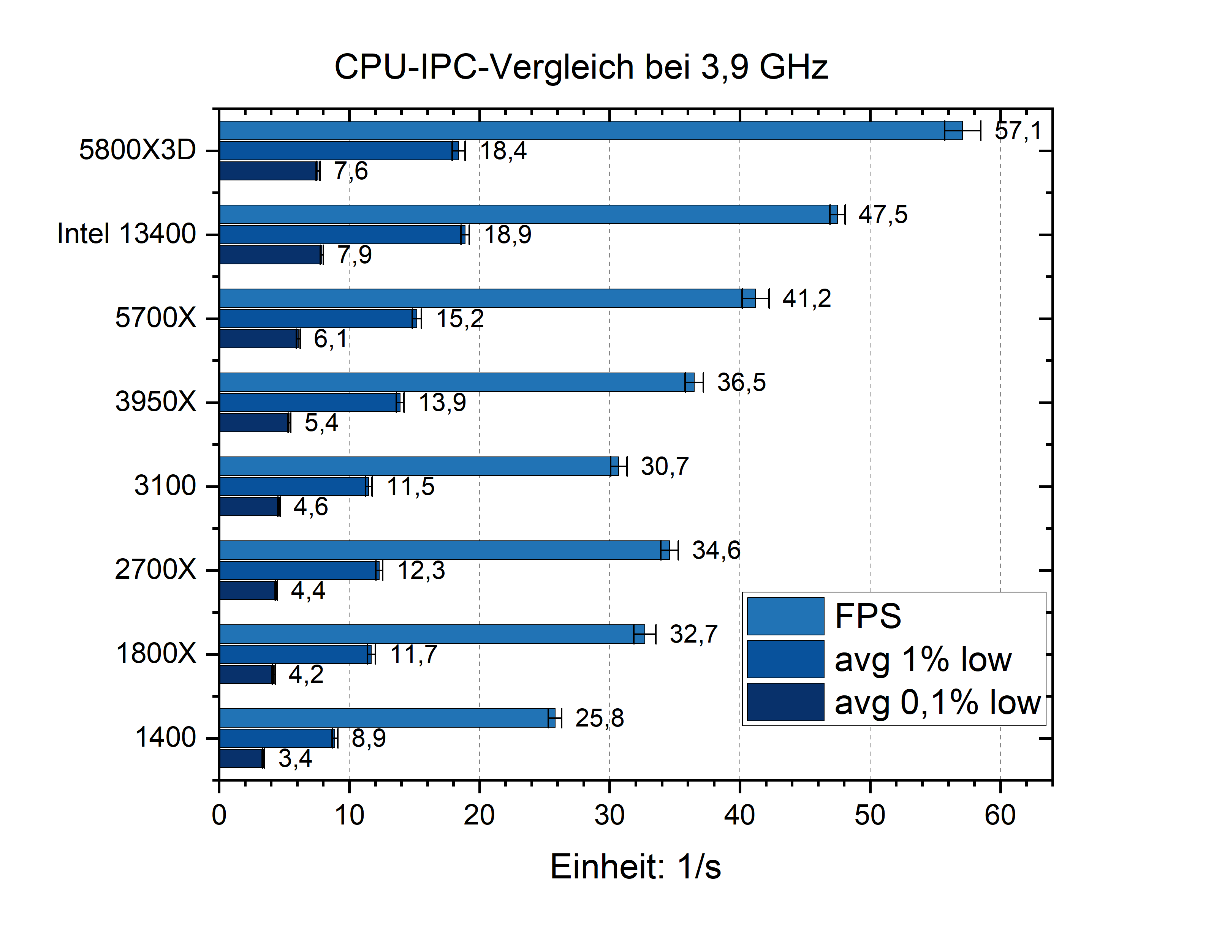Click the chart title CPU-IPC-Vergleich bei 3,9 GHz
click(x=581, y=67)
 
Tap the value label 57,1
click(x=1017, y=131)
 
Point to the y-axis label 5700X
click(x=155, y=318)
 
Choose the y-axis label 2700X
click(x=155, y=569)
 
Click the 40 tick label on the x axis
click(x=739, y=816)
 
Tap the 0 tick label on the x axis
click(x=219, y=816)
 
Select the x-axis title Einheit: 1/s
click(x=635, y=867)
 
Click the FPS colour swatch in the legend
click(x=785, y=616)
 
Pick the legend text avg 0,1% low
click(x=937, y=702)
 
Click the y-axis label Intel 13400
click(x=127, y=234)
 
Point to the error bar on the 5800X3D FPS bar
click(x=962, y=131)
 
